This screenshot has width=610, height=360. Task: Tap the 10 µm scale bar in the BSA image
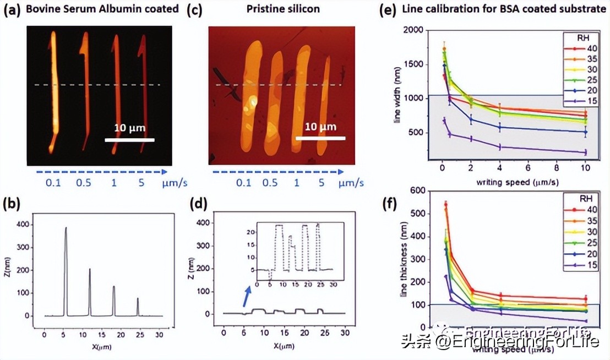click(x=129, y=139)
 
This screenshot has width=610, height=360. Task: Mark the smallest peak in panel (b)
click(x=138, y=300)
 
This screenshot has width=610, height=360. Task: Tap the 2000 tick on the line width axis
click(x=416, y=30)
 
